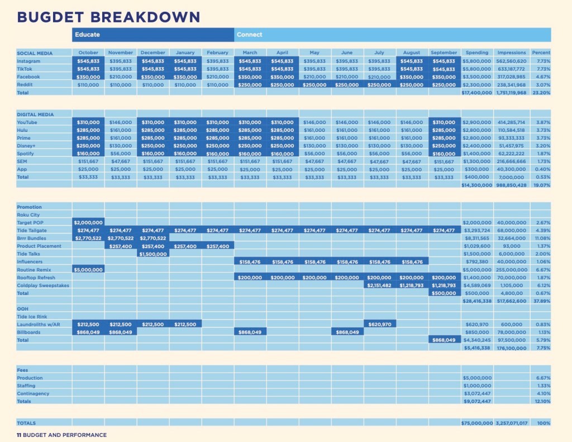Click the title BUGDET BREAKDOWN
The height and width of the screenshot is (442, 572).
(108, 17)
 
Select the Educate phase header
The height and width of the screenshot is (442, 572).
(87, 35)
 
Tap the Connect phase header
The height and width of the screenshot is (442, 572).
(249, 35)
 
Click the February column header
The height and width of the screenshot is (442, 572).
(217, 53)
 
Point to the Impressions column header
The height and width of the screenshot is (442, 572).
(511, 53)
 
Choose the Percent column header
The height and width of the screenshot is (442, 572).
(541, 53)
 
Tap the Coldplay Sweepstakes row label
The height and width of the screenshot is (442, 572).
(43, 285)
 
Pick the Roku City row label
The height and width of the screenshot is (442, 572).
(28, 215)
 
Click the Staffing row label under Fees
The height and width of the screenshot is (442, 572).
(27, 386)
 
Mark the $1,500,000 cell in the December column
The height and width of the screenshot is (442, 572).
(152, 254)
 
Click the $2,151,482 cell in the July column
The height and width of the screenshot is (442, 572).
(380, 285)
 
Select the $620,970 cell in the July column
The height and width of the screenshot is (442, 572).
(380, 324)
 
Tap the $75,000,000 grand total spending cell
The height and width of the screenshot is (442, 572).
(477, 423)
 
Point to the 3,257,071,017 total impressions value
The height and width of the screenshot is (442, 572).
(511, 423)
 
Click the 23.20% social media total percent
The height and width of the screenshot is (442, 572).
(541, 93)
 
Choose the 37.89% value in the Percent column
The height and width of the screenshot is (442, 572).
(541, 301)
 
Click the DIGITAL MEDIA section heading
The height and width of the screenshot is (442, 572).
(35, 115)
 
